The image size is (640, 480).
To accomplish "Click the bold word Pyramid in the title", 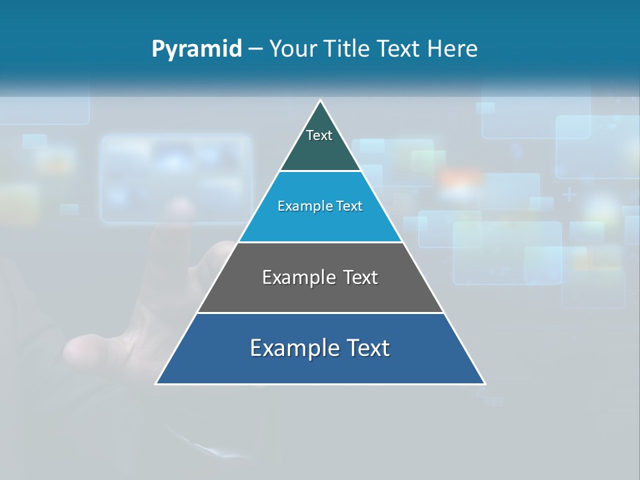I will pos(197,49).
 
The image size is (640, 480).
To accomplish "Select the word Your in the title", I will pos(293,49).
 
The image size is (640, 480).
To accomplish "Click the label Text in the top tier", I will pos(319,135).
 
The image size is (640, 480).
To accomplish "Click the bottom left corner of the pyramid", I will pos(157,383).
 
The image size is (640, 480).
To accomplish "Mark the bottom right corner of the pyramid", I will pos(485,383).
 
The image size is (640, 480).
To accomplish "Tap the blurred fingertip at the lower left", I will pos(83,351).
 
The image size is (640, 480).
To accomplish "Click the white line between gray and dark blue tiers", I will pos(320,313).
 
